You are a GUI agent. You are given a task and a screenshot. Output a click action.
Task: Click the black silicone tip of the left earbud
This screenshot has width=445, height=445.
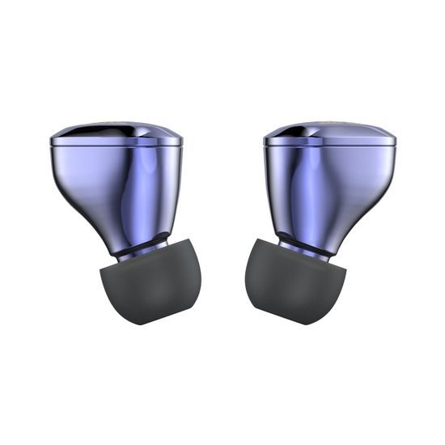click(150, 283)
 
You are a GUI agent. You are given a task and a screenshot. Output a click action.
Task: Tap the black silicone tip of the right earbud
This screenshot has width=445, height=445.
click(295, 283)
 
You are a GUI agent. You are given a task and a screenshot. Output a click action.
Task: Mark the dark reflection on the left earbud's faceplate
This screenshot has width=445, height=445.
click(77, 131)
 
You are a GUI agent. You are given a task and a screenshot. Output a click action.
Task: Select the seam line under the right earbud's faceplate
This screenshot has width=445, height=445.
click(329, 146)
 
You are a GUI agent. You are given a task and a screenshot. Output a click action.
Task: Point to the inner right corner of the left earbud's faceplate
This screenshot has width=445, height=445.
click(182, 141)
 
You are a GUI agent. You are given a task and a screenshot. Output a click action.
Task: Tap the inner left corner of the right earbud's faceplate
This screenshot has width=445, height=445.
click(264, 141)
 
